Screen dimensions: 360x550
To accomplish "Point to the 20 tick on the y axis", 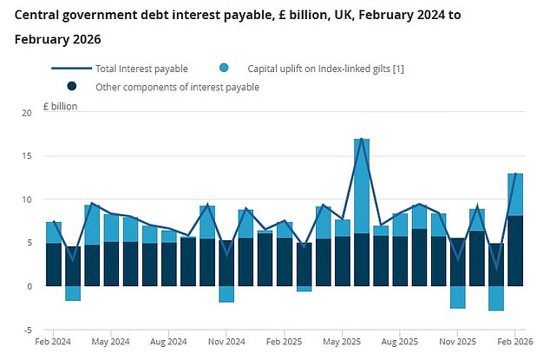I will pos(26,113).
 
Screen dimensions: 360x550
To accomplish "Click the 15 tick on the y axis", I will pos(26,156).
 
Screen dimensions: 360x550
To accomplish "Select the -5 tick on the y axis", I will pos(26,330).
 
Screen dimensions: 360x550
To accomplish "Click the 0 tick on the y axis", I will pos(29,286).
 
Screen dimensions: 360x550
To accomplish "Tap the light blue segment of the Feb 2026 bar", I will pos(515,194).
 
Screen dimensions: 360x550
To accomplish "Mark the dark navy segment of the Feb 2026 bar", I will pos(515,251).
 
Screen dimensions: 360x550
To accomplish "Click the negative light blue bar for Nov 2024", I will pos(226,294).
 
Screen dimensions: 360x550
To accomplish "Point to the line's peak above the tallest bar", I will pos(361,139).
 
